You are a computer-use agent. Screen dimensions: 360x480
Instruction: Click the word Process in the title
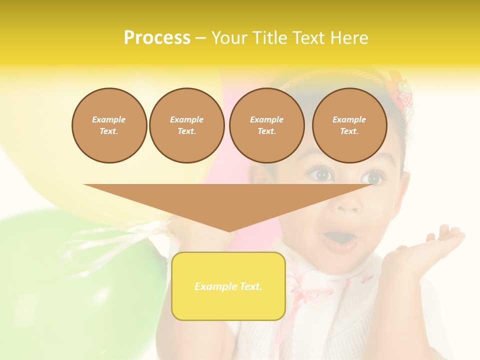(157, 38)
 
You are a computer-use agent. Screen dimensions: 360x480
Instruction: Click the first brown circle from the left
(109, 125)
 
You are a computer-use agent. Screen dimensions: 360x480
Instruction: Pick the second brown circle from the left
(186, 125)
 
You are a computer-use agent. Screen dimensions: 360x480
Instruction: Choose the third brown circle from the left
(266, 125)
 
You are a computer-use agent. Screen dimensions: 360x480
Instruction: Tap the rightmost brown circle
(349, 125)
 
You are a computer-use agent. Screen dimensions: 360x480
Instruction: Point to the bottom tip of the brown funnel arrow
(229, 230)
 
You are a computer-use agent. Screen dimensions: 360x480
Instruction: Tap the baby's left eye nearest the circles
(320, 175)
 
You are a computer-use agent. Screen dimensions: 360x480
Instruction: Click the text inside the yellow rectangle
(228, 286)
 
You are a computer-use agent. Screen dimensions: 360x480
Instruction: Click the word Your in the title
(228, 38)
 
